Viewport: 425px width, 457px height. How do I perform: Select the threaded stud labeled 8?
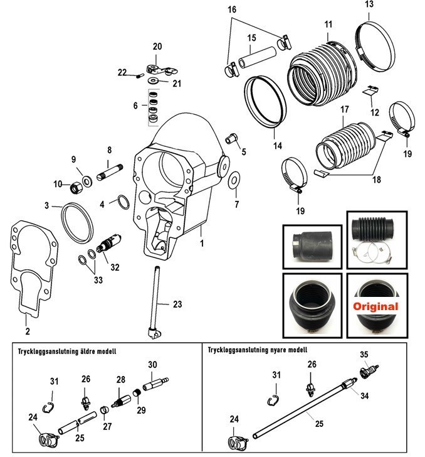110,172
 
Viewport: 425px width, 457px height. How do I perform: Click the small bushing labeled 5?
231,138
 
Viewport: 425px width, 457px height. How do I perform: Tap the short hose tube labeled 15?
257,57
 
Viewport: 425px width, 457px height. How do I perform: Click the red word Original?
375,306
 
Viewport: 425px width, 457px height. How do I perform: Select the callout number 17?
345,109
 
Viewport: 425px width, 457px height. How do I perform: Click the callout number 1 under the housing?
202,243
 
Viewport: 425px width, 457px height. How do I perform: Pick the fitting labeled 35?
369,372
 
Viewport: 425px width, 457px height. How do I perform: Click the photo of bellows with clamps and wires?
377,240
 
